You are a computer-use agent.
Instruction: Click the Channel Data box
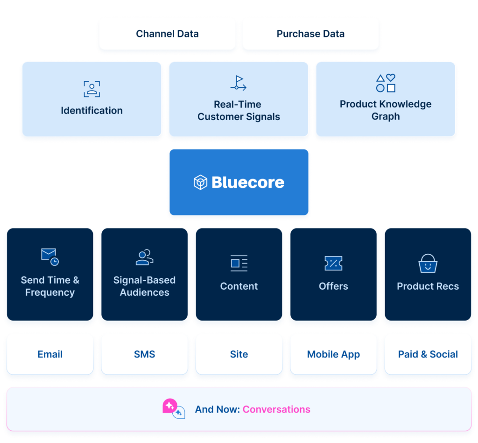pos(167,34)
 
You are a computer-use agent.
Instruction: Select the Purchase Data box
pos(310,34)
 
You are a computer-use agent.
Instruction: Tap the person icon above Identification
pos(92,88)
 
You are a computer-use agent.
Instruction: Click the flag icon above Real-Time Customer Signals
pos(239,83)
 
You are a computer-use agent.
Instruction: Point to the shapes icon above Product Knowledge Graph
pos(386,83)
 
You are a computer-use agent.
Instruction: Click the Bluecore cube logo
pos(200,182)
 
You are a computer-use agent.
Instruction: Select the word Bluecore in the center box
pos(248,182)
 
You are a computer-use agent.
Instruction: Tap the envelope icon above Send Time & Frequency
pos(49,257)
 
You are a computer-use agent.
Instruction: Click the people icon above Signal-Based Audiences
pos(144,257)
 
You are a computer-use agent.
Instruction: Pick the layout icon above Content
pos(239,263)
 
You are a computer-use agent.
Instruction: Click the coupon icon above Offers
pos(333,263)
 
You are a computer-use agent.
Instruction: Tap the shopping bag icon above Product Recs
pos(428,263)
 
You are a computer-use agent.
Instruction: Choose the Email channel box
pos(50,354)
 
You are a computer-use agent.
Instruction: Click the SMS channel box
pos(144,354)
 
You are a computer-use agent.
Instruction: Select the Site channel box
pos(239,354)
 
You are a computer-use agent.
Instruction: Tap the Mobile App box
pos(333,354)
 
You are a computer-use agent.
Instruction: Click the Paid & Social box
pos(428,354)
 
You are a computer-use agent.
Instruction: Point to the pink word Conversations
pos(276,409)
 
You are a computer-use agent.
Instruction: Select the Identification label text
pos(92,111)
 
